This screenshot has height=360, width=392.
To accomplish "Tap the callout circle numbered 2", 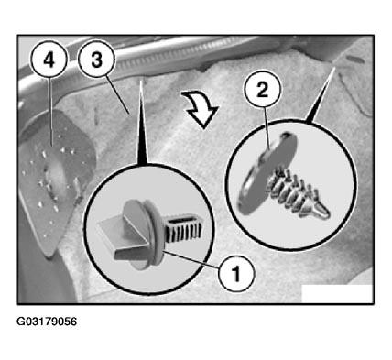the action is (262, 91).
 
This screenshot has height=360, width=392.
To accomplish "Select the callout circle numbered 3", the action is (96, 60).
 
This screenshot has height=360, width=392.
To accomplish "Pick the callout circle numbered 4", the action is (49, 60).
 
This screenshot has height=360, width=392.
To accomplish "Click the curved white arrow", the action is (201, 107).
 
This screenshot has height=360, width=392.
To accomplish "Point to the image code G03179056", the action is (47, 322).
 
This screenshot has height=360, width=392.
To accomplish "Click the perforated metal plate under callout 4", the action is (56, 180).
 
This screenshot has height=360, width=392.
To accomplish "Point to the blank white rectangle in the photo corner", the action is (337, 294).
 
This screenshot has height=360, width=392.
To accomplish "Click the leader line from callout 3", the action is (118, 95).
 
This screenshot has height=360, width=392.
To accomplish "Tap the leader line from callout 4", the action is (50, 112).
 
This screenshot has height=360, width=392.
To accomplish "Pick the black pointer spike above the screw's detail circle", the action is (321, 97).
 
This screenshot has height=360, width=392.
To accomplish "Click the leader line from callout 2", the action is (267, 129).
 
